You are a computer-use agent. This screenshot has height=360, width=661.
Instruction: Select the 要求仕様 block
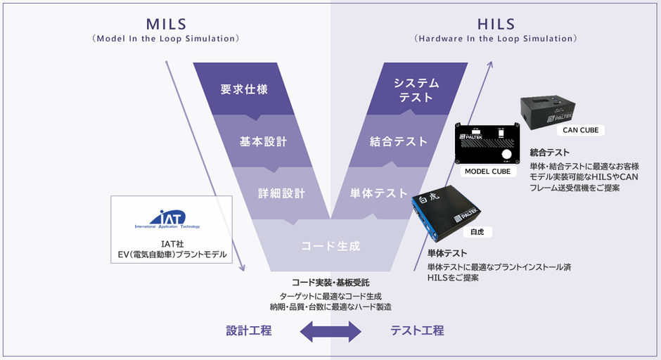(244, 89)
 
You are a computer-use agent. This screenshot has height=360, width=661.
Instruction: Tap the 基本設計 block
(263, 141)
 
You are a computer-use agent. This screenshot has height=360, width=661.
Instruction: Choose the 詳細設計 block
(281, 192)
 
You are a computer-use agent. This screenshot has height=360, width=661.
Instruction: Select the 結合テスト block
(398, 141)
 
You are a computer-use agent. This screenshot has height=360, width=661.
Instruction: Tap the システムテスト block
(416, 90)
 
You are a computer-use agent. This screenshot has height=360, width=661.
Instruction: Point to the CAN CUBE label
(581, 130)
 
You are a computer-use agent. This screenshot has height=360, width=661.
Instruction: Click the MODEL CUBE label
(487, 172)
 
